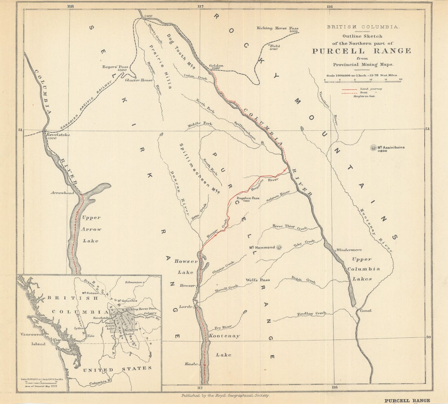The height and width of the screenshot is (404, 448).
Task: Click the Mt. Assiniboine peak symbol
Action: point(373,148)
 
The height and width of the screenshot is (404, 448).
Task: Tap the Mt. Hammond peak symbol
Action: point(279,247)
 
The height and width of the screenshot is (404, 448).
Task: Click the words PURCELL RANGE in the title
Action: point(361,51)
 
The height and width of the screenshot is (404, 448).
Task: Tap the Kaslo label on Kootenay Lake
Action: point(191,363)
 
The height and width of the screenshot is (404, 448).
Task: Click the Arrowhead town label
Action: point(62,193)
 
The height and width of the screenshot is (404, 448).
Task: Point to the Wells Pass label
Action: point(258,280)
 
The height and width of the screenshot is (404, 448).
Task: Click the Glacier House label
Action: point(139,80)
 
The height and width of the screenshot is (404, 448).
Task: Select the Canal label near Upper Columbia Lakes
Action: point(365,310)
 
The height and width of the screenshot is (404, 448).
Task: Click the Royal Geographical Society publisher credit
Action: point(225,395)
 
